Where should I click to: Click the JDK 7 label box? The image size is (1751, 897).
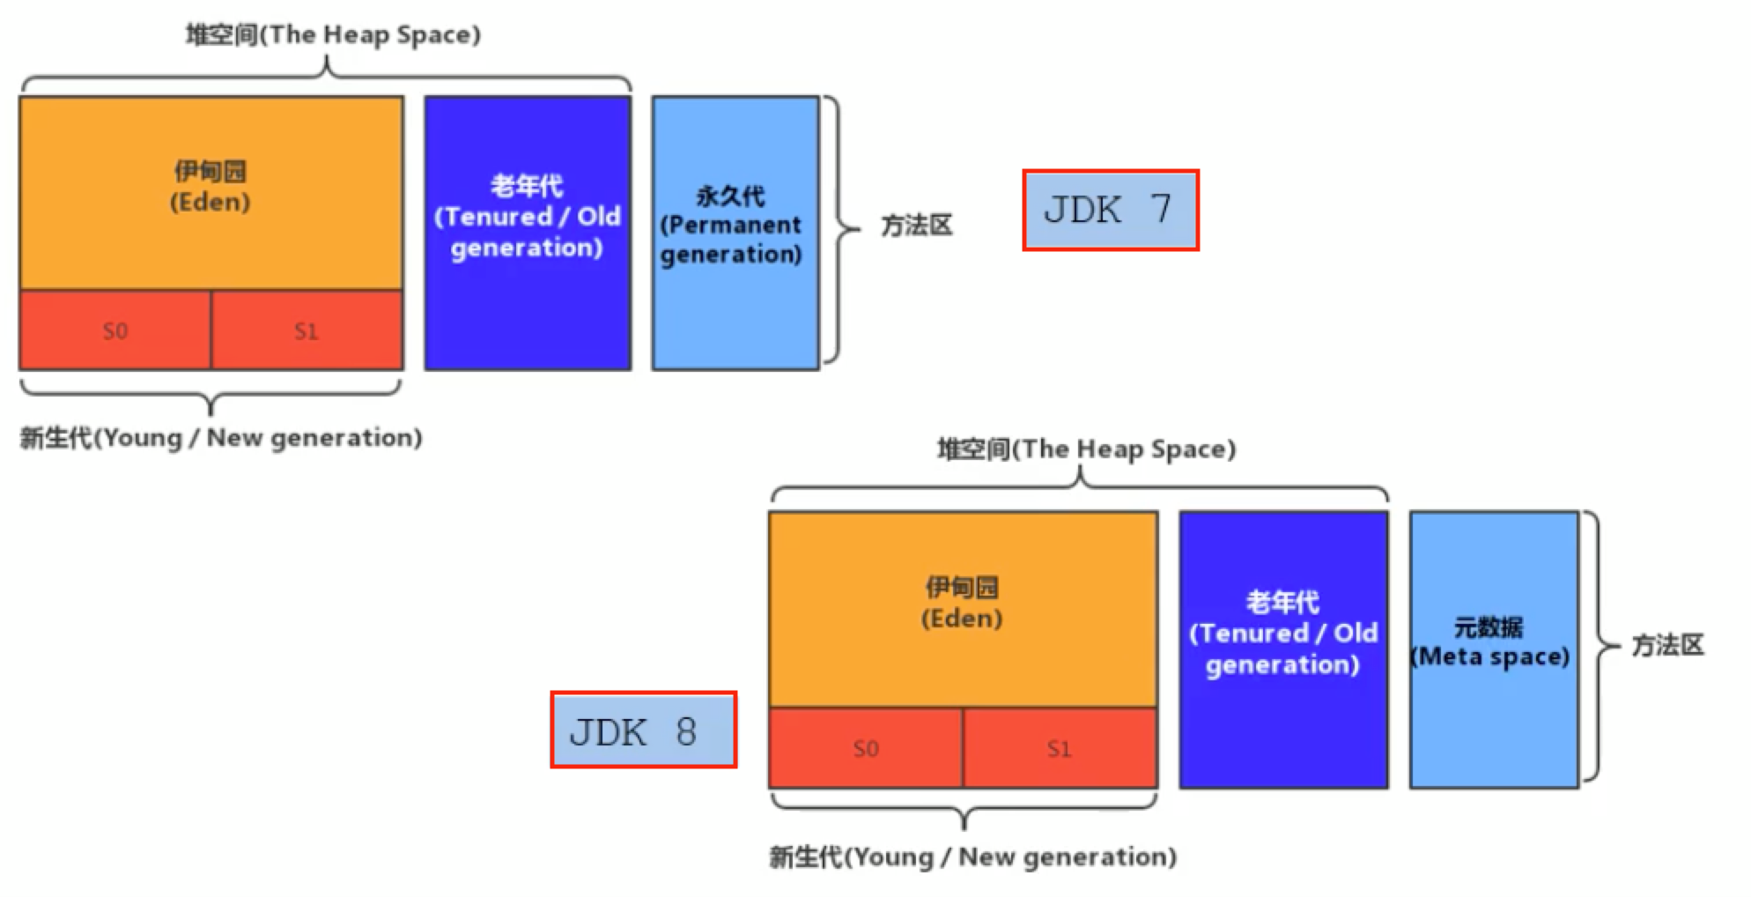tap(1110, 210)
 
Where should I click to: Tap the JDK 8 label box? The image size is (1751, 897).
tap(643, 730)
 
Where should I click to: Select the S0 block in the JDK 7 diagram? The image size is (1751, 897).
tap(115, 330)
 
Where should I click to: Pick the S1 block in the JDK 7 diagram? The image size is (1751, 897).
tap(307, 330)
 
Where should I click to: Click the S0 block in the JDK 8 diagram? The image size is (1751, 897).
tap(866, 748)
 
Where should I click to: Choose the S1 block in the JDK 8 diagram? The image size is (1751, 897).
tap(1060, 748)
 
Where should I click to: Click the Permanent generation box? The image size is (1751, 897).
tap(735, 233)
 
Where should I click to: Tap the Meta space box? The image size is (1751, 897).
tap(1493, 649)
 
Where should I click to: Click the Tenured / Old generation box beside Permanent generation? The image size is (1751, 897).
tap(527, 233)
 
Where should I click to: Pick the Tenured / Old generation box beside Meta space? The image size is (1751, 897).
tap(1283, 649)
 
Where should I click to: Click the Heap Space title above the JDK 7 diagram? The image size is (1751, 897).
tap(333, 35)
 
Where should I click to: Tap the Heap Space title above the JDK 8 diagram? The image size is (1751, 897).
tap(1086, 449)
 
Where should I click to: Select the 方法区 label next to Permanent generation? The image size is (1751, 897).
tap(917, 226)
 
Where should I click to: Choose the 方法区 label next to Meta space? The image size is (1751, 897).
tap(1667, 645)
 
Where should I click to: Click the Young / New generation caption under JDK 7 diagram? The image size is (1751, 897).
tap(221, 438)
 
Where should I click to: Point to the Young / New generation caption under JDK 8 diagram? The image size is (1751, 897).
tap(972, 856)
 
